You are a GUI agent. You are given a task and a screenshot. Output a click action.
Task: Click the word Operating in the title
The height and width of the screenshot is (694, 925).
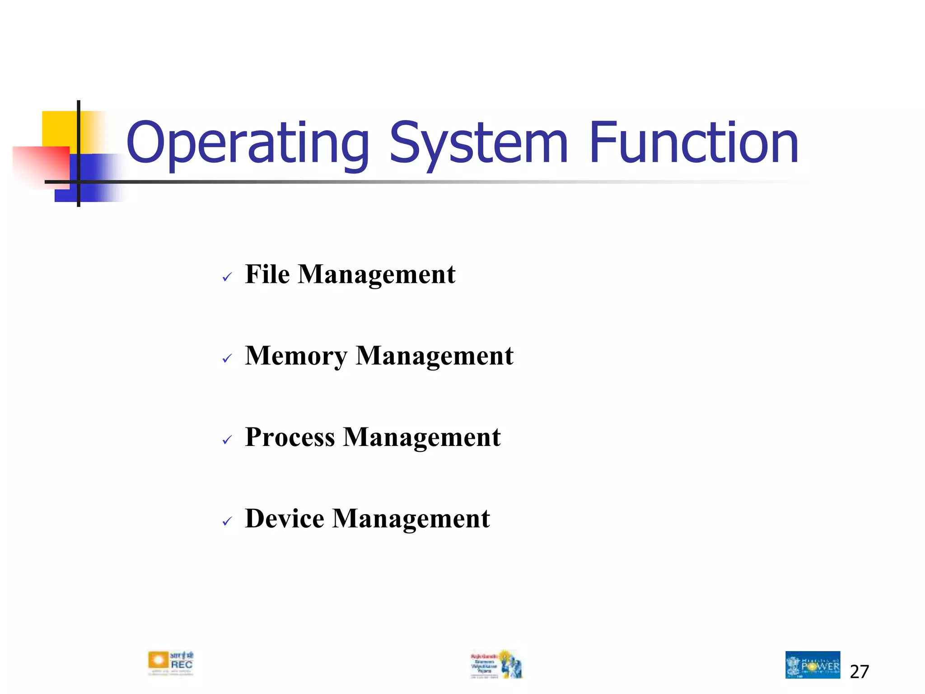(248, 144)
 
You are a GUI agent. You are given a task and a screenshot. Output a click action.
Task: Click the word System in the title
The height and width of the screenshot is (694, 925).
(478, 144)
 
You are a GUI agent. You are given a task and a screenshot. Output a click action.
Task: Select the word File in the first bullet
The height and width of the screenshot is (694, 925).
(267, 274)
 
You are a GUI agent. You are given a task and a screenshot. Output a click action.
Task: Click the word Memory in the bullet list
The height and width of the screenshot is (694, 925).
(296, 356)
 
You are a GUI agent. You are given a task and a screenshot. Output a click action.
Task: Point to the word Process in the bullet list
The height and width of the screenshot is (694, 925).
(290, 437)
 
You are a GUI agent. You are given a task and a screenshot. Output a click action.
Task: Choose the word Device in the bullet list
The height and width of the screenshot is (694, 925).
(285, 519)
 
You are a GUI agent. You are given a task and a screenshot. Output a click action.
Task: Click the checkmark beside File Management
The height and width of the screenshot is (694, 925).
(227, 277)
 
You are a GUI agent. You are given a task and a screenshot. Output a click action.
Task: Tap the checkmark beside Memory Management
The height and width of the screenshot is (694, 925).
(227, 359)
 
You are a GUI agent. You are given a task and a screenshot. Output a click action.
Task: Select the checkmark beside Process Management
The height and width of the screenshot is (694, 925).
(227, 440)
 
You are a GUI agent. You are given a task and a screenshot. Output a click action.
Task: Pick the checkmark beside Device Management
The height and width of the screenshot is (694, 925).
(227, 522)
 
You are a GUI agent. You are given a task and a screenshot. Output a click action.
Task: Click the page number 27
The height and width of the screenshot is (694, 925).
(859, 672)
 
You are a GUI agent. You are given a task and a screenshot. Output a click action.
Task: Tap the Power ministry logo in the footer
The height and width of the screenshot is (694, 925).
(813, 665)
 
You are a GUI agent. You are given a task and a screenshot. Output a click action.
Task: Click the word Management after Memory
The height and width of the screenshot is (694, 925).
(434, 356)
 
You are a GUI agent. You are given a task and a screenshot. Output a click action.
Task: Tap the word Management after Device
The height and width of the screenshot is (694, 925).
(411, 519)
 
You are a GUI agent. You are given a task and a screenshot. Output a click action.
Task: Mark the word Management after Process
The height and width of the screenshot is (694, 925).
(422, 437)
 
